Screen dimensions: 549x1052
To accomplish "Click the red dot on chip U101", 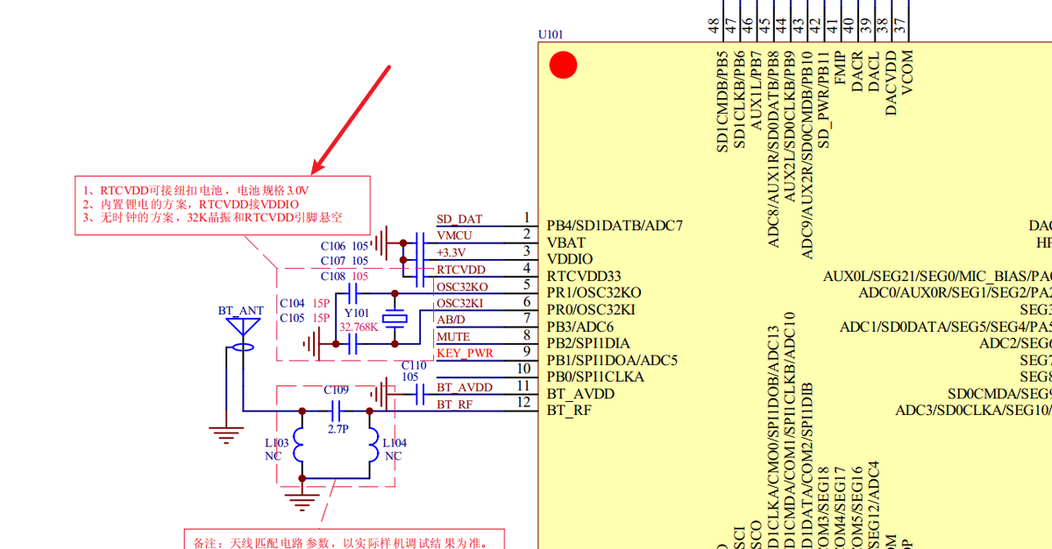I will [x=562, y=66].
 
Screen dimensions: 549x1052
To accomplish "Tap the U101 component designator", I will [x=551, y=35].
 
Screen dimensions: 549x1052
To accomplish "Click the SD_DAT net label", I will [x=459, y=219].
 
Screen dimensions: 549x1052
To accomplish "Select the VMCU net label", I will [x=454, y=236].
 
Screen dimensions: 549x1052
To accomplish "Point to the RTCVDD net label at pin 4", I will [x=461, y=270].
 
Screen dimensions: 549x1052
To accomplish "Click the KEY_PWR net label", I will [x=465, y=354].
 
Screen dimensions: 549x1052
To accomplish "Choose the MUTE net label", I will [x=453, y=337].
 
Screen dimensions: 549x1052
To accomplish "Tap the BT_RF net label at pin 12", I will [x=455, y=404].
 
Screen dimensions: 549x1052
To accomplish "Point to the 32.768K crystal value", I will [x=359, y=327].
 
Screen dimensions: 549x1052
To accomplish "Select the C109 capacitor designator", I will [x=336, y=390].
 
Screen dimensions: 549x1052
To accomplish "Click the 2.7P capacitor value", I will [x=337, y=430].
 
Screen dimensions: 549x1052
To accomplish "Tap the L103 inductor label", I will [x=276, y=444].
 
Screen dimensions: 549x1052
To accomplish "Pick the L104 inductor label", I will [x=394, y=444].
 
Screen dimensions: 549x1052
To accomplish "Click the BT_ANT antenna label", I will [x=240, y=311].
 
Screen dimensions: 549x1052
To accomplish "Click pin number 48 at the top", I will [x=714, y=27].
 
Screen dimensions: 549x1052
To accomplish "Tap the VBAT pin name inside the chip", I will [x=566, y=243].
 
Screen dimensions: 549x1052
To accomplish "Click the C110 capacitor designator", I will [x=414, y=365].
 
